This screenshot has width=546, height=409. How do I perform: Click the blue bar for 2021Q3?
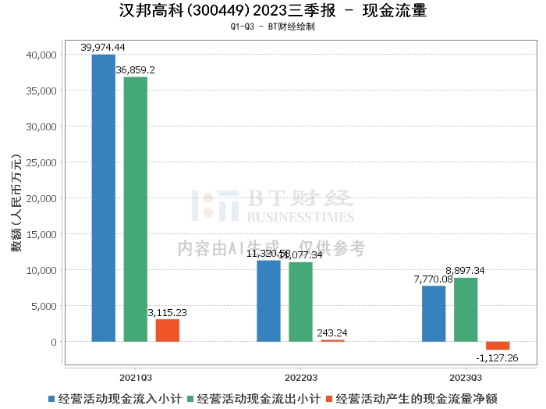pyautogui.click(x=103, y=198)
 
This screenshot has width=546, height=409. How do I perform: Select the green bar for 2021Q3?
pyautogui.click(x=135, y=209)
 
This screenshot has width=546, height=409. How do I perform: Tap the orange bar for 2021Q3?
pyautogui.click(x=167, y=330)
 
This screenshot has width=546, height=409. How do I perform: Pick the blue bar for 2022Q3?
pyautogui.click(x=268, y=301)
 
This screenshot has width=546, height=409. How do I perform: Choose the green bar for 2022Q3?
pyautogui.click(x=300, y=301)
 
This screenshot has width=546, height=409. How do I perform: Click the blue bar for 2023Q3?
pyautogui.click(x=434, y=314)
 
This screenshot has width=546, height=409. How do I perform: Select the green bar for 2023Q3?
pyautogui.click(x=466, y=310)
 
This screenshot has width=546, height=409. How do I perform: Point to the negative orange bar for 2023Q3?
pyautogui.click(x=498, y=346)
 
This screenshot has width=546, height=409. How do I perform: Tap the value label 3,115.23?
pyautogui.click(x=167, y=312)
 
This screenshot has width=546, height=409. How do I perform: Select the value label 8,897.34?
pyautogui.click(x=466, y=271)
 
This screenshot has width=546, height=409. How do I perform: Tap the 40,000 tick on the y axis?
pyautogui.click(x=41, y=55)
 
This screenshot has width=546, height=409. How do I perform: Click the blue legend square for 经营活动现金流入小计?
pyautogui.click(x=52, y=398)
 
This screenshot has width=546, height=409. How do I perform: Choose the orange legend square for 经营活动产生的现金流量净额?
pyautogui.click(x=331, y=398)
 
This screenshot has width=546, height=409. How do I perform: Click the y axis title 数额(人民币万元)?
pyautogui.click(x=16, y=198)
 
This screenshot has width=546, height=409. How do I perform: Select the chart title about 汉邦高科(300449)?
pyautogui.click(x=273, y=12)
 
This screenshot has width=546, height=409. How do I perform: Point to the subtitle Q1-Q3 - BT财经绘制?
pyautogui.click(x=273, y=27)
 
